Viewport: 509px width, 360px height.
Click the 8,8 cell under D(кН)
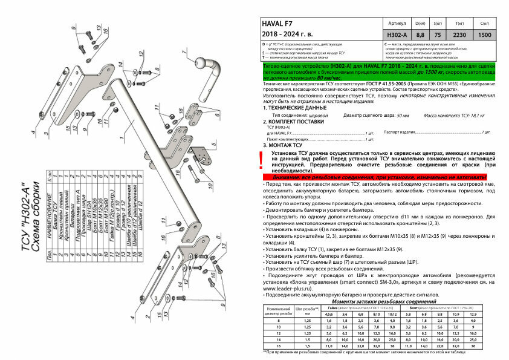click(x=420, y=34)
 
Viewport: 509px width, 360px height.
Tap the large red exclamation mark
click(x=261, y=160)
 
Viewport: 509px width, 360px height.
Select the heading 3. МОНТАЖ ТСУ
click(x=283, y=145)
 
